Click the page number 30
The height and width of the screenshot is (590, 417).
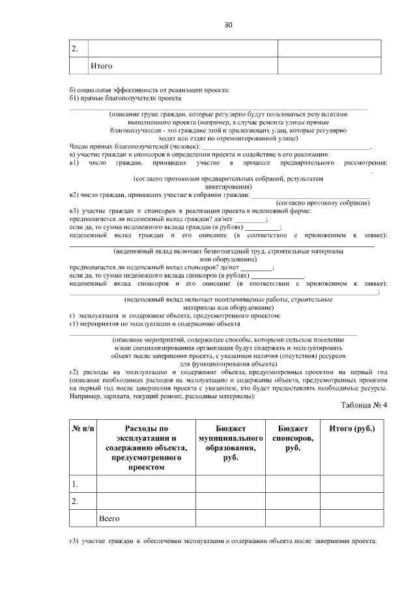coord(228,25)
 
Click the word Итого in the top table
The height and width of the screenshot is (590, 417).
coord(101,66)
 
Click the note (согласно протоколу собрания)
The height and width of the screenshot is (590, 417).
coord(323,203)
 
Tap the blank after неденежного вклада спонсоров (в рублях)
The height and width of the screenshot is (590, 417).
coord(278,276)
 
